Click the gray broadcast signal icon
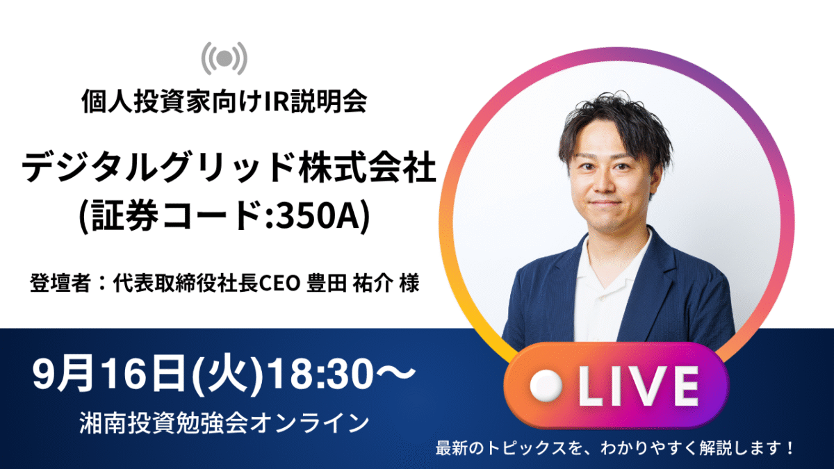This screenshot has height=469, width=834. pos(224,58)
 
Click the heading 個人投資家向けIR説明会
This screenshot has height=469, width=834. pos(224,101)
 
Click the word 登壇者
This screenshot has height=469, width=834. pos(60,283)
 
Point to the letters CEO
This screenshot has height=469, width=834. pos(279,283)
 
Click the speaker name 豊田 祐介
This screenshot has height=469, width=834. pos(350,283)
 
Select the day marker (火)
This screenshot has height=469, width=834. pos(227,374)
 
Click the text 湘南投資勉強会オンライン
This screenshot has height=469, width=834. pos(224,423)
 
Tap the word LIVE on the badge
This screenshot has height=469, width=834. pos(638,386)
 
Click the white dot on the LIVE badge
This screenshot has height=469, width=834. pos(546,386)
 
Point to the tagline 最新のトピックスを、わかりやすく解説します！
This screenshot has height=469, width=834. pos(614,447)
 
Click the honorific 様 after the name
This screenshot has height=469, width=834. pos(409,283)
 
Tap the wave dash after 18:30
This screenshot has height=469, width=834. pos(395,372)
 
